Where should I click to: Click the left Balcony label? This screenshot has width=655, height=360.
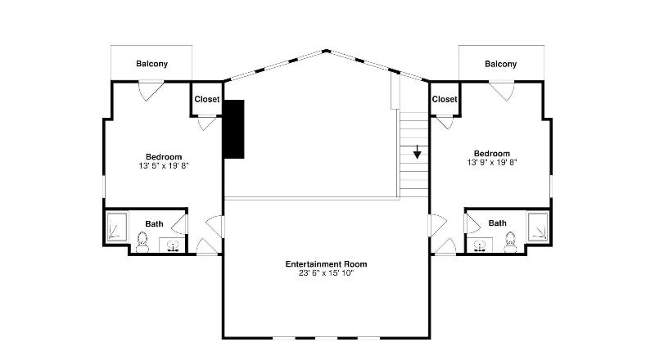[x=151, y=64]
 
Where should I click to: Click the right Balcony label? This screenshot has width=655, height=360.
[x=500, y=64]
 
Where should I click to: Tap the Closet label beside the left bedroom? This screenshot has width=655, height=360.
[x=207, y=99]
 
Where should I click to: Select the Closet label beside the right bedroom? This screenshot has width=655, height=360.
[x=445, y=99]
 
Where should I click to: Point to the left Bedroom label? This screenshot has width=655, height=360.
[x=164, y=157]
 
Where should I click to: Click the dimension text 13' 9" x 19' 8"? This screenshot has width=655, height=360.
[x=492, y=163]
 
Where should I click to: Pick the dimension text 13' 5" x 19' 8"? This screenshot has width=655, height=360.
[x=164, y=166]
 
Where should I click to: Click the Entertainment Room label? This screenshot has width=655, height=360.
[x=326, y=264]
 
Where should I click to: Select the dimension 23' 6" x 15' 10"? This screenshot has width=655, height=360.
[x=326, y=273]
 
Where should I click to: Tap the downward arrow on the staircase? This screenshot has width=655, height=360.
[x=417, y=152]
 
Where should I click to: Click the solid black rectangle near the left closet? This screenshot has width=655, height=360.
[x=234, y=129]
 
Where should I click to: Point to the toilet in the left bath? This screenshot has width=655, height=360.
[x=142, y=243]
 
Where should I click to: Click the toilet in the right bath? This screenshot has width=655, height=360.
[x=510, y=243]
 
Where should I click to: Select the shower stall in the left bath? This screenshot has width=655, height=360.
[x=116, y=227]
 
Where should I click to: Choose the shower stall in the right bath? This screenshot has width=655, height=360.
[x=538, y=227]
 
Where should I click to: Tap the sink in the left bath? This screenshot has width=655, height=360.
[x=172, y=245]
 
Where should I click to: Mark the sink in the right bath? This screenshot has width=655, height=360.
[x=480, y=245]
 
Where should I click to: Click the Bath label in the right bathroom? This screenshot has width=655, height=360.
[x=497, y=223]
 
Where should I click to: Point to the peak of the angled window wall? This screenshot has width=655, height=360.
[x=326, y=51]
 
